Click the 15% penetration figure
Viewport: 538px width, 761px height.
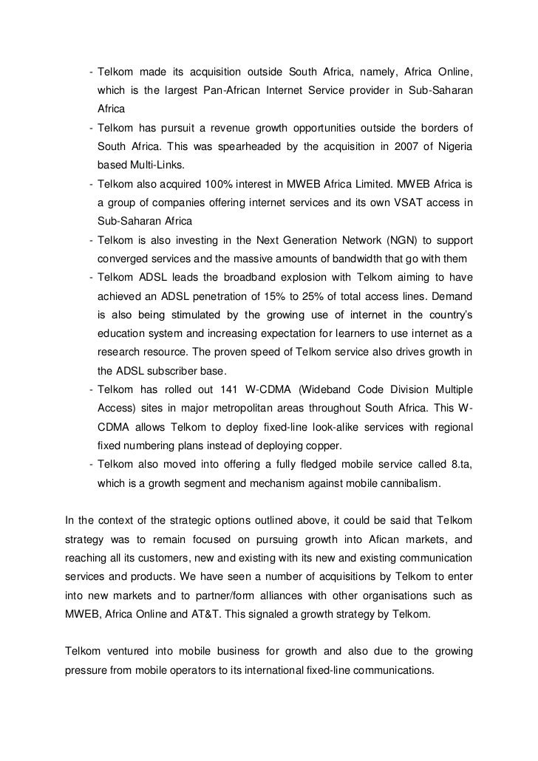(x=274, y=296)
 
